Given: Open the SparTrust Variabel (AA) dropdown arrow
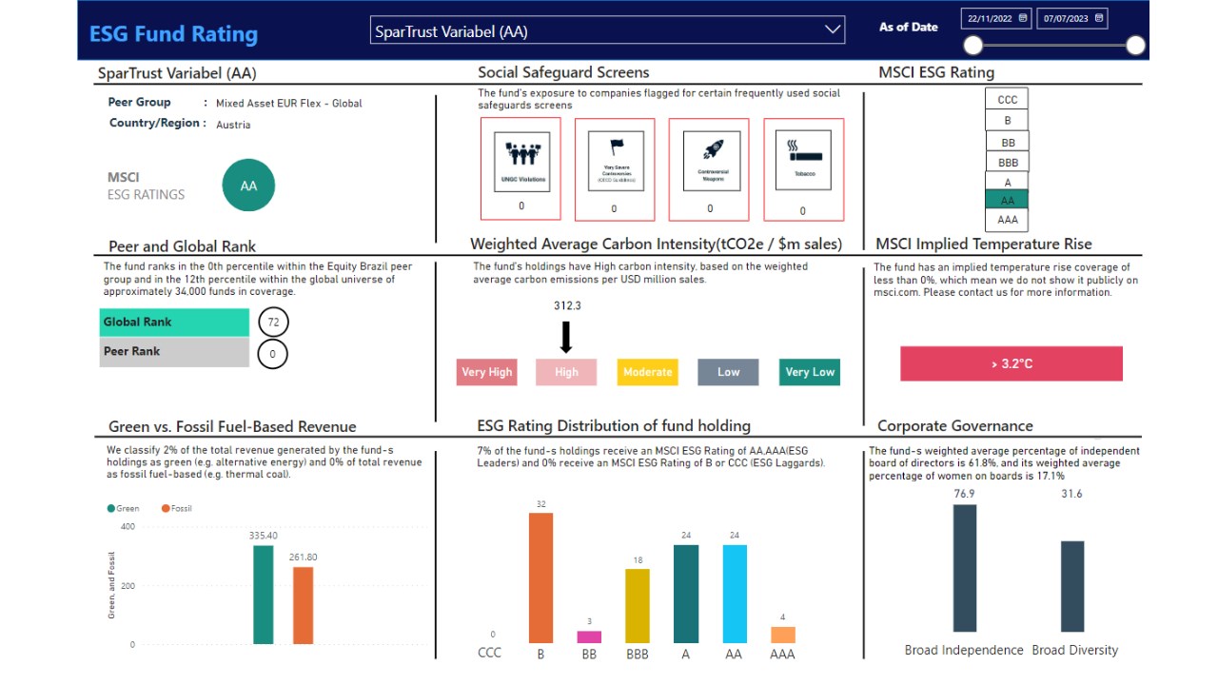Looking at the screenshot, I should pos(833,30).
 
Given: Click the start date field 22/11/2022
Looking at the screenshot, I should pos(995,18).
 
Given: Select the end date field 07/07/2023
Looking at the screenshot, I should pos(1071,18).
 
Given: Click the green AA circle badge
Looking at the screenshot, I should pos(248,186).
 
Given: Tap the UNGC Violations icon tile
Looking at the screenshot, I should pos(521,162).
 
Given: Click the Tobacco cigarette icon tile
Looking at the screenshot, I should pos(802,162).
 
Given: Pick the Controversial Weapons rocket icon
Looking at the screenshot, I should pos(710,162).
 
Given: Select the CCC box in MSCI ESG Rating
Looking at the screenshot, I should pos(1007,100).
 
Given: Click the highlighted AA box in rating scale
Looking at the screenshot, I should pos(1007,200).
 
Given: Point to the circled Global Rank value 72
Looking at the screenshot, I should pos(273,323).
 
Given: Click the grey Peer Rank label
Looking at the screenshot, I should pos(173,352).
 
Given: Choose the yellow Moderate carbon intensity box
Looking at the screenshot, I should pos(647,372).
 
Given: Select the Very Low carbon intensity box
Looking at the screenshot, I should pos(810,372).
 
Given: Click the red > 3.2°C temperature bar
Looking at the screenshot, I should pos(1011,363).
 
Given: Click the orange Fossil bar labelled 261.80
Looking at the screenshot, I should pos(303,605).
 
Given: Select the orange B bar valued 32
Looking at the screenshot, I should pos(540,577).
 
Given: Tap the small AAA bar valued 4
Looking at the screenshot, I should pos(782,635).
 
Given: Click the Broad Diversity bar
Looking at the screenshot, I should pos(1072,586).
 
